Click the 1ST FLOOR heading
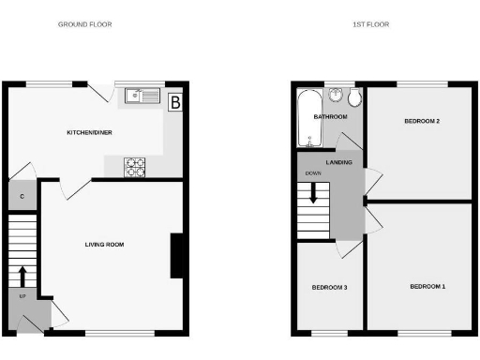point(372,24)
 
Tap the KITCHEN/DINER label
point(89,133)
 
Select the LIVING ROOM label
point(104,245)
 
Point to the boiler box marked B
point(174,103)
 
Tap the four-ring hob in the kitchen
point(136,167)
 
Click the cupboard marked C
point(22,197)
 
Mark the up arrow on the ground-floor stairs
point(22,276)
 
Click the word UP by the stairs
point(22,296)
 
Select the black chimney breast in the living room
point(175,256)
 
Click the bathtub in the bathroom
point(308,118)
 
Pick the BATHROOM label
point(330,117)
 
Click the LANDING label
point(339,162)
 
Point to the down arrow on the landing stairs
point(314,195)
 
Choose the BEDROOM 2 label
point(422,122)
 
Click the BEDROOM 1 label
point(427,285)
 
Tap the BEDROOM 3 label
point(330,287)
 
